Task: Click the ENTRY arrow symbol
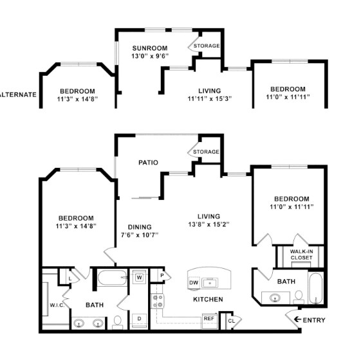298,319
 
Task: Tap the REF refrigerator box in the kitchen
208,318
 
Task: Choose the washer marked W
139,278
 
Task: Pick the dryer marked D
139,318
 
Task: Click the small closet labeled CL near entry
230,320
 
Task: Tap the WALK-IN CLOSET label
301,255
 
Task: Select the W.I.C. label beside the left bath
55,305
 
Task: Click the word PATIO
148,163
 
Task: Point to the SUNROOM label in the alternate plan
150,48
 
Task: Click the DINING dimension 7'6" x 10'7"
140,235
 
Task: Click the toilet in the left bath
117,321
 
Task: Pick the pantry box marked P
163,276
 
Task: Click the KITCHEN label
208,300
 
